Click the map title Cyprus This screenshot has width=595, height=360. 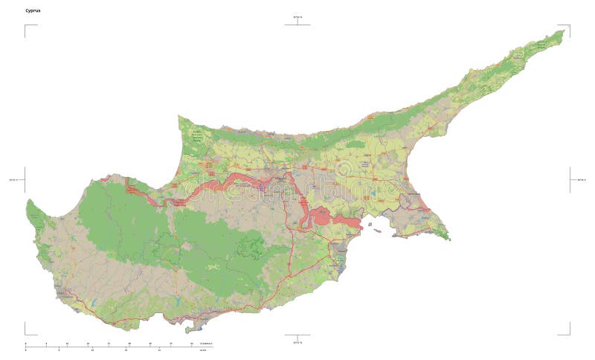pyautogui.click(x=33, y=10)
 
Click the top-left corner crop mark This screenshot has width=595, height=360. pyautogui.click(x=26, y=26)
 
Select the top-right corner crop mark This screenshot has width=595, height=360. pyautogui.click(x=569, y=26)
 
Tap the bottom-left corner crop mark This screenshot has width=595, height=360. pyautogui.click(x=26, y=334)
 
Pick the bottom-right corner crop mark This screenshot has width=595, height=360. pyautogui.click(x=569, y=334)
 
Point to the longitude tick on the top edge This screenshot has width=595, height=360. pyautogui.click(x=297, y=22)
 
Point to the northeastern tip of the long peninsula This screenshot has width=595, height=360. pyautogui.click(x=563, y=31)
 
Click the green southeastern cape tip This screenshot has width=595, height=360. pyautogui.click(x=447, y=238)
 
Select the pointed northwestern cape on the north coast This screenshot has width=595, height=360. pyautogui.click(x=179, y=117)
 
